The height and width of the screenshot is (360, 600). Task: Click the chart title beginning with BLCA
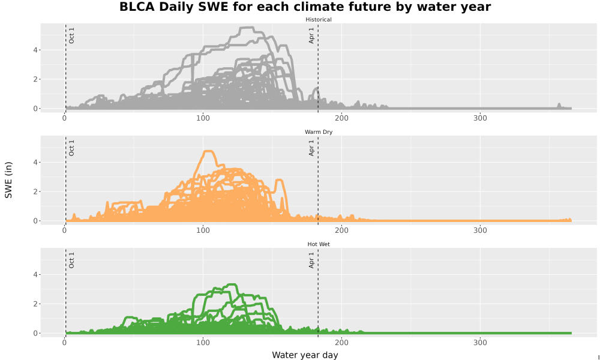(x=305, y=7)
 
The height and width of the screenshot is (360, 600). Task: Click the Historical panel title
(x=319, y=20)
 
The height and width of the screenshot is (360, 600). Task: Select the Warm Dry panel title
(x=319, y=132)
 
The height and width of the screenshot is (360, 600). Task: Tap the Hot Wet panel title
(x=319, y=244)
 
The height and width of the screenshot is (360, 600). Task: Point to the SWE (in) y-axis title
(x=8, y=180)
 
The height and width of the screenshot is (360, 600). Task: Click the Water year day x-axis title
(x=305, y=355)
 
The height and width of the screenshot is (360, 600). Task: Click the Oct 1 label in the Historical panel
(x=71, y=35)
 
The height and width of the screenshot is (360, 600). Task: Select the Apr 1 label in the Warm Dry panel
(x=311, y=148)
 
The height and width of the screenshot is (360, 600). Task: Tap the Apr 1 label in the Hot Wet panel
(x=311, y=260)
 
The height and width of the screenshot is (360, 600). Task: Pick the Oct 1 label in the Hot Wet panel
(x=71, y=260)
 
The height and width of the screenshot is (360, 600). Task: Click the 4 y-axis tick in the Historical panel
(x=35, y=50)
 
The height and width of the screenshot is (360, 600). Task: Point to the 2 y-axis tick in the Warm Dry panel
(x=35, y=191)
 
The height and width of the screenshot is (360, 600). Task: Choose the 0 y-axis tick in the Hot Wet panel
(x=35, y=333)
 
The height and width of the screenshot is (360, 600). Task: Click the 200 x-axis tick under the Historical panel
(x=342, y=118)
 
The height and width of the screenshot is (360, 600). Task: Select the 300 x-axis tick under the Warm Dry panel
(x=480, y=230)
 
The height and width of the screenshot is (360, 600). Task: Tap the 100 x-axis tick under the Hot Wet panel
(x=203, y=343)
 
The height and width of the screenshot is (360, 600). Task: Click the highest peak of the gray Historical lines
(x=247, y=28)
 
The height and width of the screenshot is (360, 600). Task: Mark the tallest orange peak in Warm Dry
(x=208, y=151)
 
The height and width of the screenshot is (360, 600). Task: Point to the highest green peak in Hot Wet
(x=232, y=284)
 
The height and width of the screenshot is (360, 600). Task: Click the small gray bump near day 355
(x=559, y=105)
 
